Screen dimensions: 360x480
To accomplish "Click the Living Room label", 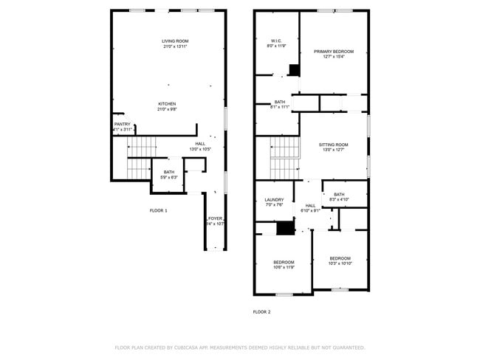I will click(x=175, y=41).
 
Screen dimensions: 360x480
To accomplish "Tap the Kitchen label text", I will click(x=166, y=104).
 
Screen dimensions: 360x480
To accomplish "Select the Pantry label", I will click(x=122, y=124).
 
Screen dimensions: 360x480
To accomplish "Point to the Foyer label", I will click(x=215, y=218).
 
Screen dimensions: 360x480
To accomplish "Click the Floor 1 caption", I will click(x=158, y=211).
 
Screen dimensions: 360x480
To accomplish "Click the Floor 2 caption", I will click(x=261, y=312).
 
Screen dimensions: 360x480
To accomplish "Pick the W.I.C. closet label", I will click(x=276, y=41).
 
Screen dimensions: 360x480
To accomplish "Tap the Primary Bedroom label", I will click(x=333, y=52).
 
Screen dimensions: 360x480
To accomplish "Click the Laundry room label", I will click(x=274, y=200).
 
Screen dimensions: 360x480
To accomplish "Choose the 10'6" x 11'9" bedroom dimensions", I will click(x=284, y=267).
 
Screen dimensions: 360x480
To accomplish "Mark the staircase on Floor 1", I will click(x=138, y=157).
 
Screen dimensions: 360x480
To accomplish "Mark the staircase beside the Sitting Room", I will click(x=284, y=157).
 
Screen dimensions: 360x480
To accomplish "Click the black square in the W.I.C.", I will click(x=294, y=70).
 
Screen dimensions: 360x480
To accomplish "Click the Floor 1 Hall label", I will click(x=200, y=144).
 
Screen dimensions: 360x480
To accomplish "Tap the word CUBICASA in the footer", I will click(x=191, y=347).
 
